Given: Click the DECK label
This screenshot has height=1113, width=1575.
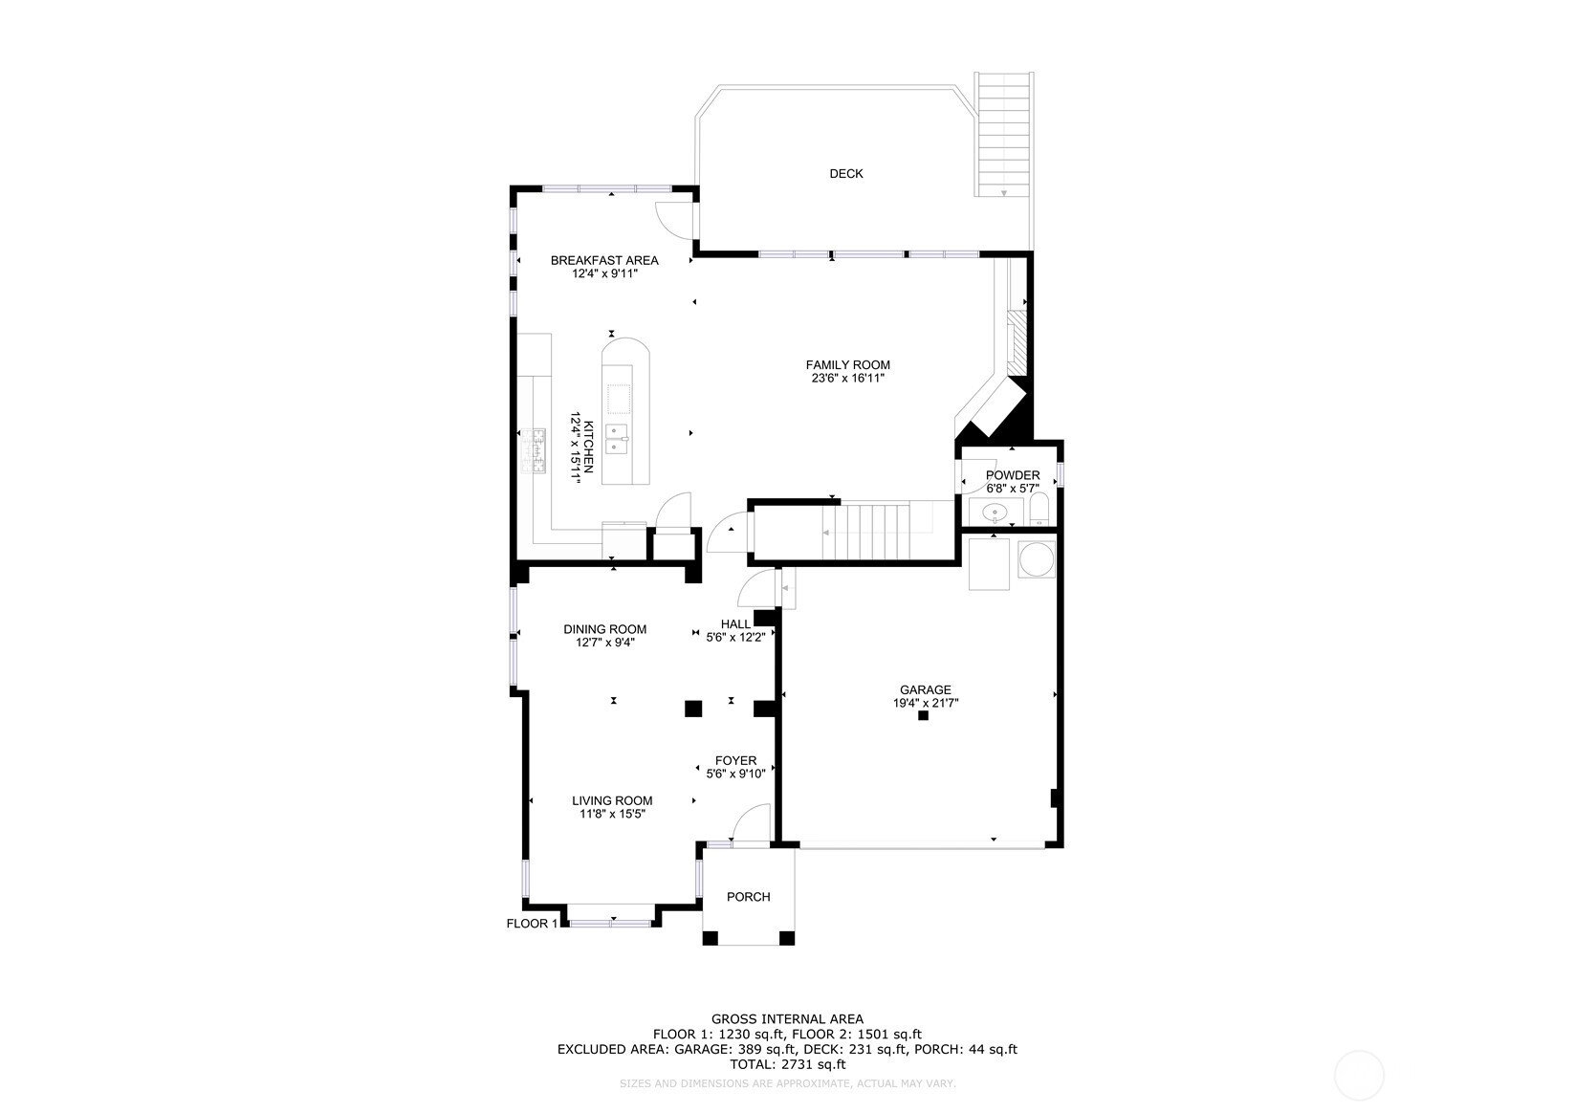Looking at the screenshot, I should (845, 173).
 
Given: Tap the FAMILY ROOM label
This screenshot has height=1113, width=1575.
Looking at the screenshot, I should (847, 364).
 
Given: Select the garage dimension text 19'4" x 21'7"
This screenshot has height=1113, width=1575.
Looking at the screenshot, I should (925, 703).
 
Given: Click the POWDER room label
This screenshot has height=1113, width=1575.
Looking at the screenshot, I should (1013, 475).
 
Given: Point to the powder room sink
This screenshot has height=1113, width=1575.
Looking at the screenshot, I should (996, 513).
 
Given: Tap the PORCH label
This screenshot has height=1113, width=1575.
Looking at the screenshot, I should (748, 897).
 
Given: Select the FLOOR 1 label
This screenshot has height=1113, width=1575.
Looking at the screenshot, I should (532, 924).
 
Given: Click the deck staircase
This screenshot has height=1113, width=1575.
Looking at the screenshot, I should (1004, 134).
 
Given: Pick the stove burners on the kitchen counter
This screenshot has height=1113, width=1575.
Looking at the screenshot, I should (533, 450).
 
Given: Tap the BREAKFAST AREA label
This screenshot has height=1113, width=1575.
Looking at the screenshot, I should (604, 260).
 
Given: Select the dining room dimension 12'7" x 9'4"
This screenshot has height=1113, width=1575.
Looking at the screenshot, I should (604, 643).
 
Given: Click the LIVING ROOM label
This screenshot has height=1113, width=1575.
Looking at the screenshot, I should (612, 801).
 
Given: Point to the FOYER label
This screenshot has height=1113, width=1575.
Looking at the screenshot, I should (735, 761).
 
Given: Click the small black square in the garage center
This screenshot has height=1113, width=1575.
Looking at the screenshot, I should (923, 715).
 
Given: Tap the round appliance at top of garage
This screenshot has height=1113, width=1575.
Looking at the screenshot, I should (1037, 560).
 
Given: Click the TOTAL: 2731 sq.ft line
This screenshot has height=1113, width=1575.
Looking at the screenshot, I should (787, 1064).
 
